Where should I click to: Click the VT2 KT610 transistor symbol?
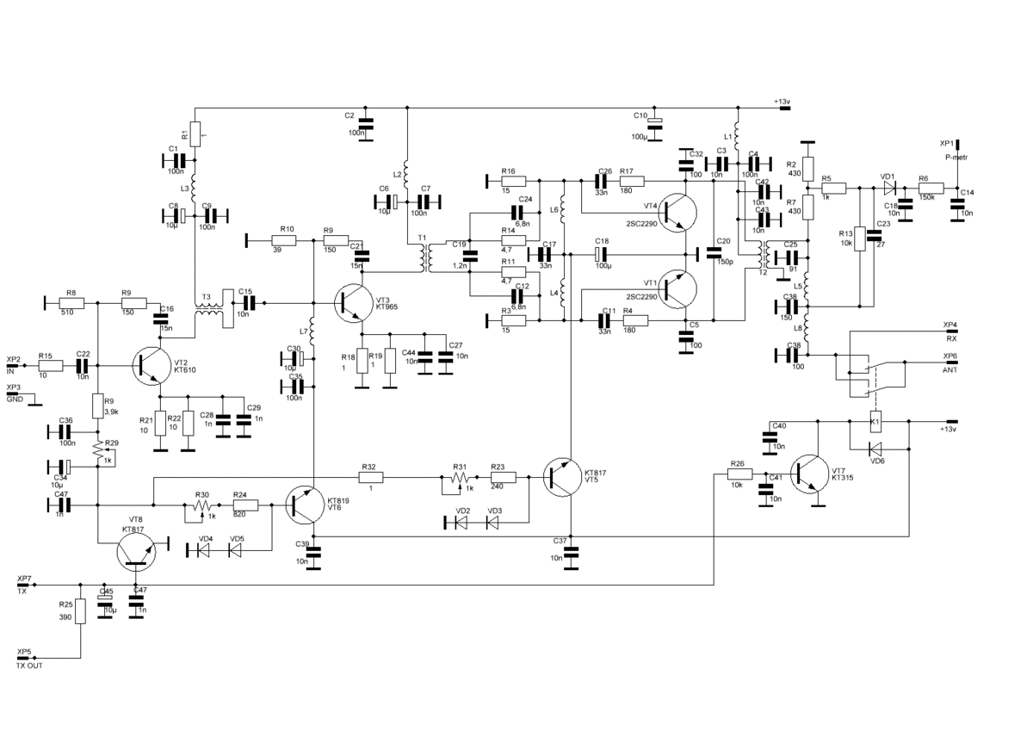click(x=150, y=365)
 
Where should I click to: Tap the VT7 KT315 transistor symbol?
click(x=808, y=473)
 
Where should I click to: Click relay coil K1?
click(x=875, y=423)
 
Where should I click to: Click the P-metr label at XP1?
click(x=956, y=158)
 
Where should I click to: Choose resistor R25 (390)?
click(x=80, y=610)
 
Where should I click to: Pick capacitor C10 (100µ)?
click(x=654, y=125)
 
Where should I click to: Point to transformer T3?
click(x=207, y=311)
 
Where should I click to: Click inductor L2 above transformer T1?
click(x=405, y=175)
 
